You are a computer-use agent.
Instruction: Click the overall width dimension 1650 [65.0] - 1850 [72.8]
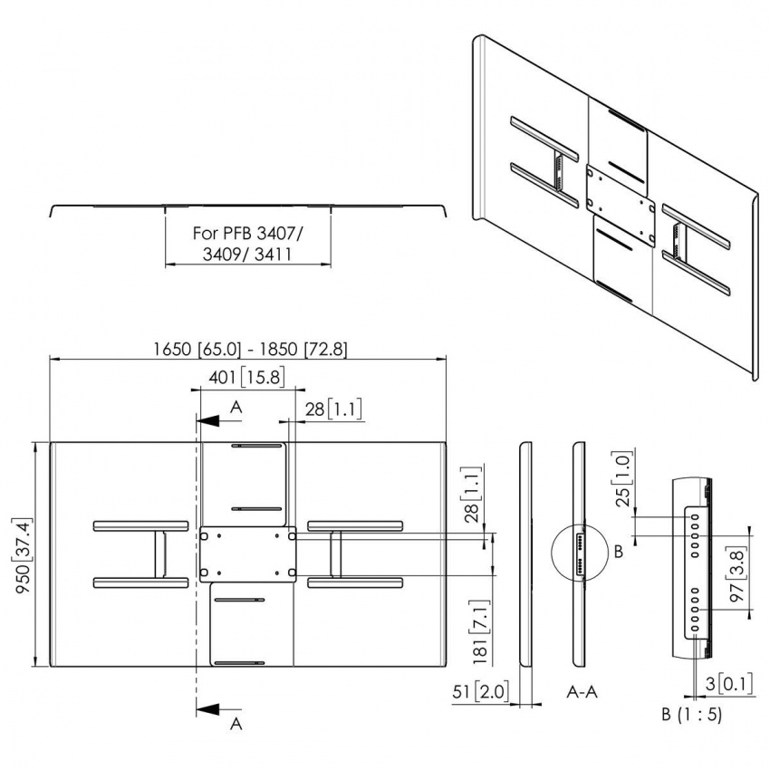[x=250, y=349]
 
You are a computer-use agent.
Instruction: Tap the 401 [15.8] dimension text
[x=246, y=377]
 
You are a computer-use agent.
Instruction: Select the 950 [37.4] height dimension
[x=24, y=554]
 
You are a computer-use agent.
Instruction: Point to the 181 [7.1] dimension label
[x=481, y=632]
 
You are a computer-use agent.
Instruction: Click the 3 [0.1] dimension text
[x=728, y=684]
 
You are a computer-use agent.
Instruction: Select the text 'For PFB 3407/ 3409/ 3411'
[x=247, y=244]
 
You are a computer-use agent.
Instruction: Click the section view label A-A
[x=582, y=692]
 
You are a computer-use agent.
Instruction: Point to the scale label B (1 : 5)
[x=691, y=714]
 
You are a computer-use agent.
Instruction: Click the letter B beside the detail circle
[x=619, y=552]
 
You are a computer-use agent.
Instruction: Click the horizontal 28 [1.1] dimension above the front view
[x=333, y=409]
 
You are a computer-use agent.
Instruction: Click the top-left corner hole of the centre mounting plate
[x=205, y=537]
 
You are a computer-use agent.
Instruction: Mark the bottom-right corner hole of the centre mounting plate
[x=291, y=573]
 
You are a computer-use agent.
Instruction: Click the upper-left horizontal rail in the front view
[x=141, y=526]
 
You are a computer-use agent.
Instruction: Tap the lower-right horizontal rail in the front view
[x=355, y=582]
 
